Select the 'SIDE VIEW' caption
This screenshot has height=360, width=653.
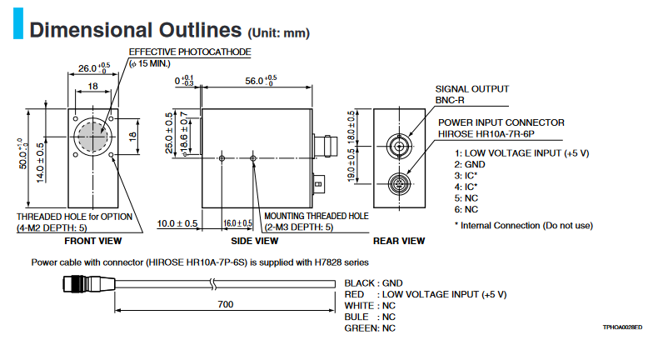pyautogui.click(x=254, y=241)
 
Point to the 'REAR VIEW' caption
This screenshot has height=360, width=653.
pyautogui.click(x=400, y=241)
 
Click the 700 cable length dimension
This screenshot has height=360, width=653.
pyautogui.click(x=226, y=305)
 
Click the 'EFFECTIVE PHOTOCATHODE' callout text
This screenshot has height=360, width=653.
pyautogui.click(x=189, y=52)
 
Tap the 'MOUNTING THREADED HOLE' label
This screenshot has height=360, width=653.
pyautogui.click(x=316, y=215)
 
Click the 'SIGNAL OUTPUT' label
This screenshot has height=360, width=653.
pyautogui.click(x=472, y=88)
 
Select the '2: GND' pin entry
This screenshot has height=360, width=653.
pyautogui.click(x=471, y=165)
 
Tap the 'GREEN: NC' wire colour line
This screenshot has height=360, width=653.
pyautogui.click(x=370, y=328)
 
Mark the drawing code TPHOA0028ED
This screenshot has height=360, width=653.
pyautogui.click(x=622, y=329)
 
